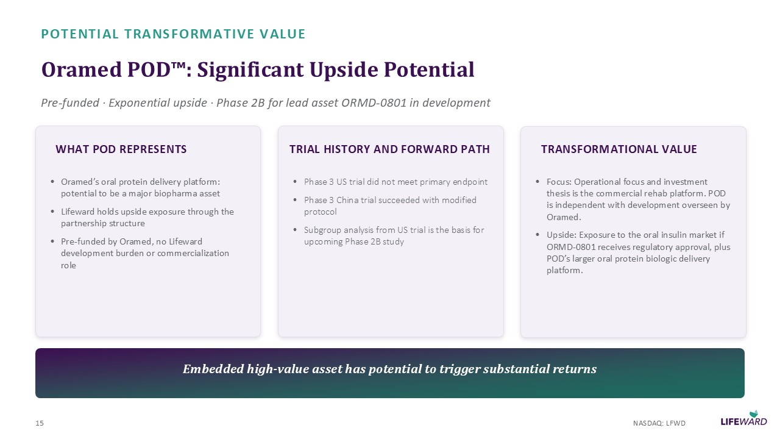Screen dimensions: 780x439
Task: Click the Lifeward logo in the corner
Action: pyautogui.click(x=744, y=418)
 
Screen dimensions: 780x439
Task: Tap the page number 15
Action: pyautogui.click(x=40, y=423)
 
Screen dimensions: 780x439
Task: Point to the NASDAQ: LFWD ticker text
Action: pyautogui.click(x=659, y=423)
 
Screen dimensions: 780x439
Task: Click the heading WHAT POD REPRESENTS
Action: pyautogui.click(x=121, y=149)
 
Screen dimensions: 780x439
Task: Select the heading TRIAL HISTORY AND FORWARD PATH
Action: pyautogui.click(x=389, y=149)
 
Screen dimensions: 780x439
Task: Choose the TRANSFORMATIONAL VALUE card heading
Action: pyautogui.click(x=619, y=149)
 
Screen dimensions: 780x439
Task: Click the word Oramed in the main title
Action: pyautogui.click(x=82, y=70)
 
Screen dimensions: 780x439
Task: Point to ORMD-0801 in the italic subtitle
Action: pyautogui.click(x=374, y=103)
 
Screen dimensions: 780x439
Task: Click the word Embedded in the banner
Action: pyautogui.click(x=213, y=369)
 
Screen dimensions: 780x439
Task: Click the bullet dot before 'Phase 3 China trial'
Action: pyautogui.click(x=296, y=200)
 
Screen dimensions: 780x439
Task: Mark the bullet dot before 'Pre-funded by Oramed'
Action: pyautogui.click(x=52, y=241)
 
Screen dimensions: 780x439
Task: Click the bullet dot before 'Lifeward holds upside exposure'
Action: pyautogui.click(x=52, y=212)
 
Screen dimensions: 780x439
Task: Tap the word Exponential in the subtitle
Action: pyautogui.click(x=158, y=103)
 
